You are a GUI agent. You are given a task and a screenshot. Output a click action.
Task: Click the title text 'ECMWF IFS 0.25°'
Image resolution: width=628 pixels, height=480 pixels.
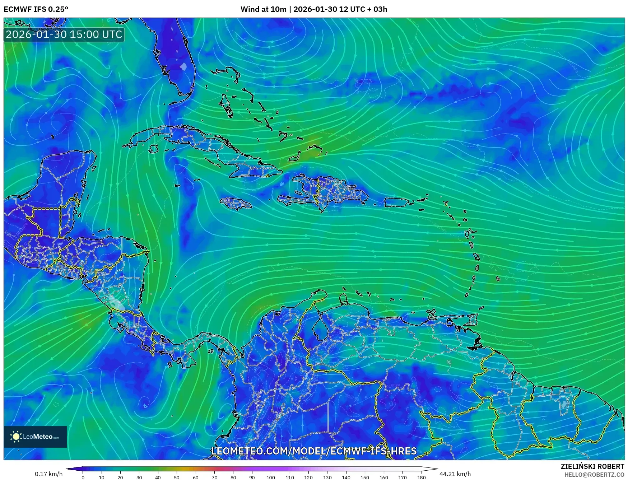(36, 9)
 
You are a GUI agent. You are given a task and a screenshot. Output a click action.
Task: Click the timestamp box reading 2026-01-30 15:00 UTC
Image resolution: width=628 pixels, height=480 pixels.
(64, 34)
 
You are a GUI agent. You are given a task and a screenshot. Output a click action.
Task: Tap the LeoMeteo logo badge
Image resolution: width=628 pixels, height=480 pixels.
(35, 437)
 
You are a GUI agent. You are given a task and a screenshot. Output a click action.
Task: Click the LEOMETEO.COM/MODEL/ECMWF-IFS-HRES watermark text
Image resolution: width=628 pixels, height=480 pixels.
(314, 451)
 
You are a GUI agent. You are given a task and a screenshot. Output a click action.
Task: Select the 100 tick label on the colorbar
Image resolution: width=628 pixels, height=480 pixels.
(271, 477)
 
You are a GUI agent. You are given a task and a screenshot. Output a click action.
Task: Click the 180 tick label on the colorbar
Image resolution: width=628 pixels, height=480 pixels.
(422, 477)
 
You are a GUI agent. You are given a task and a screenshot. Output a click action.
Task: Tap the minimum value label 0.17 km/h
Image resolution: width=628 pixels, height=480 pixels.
(49, 474)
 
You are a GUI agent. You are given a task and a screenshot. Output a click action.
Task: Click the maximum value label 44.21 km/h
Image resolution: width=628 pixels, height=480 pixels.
(455, 474)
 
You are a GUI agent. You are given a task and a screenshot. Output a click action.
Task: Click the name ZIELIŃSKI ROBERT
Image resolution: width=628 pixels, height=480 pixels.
(592, 466)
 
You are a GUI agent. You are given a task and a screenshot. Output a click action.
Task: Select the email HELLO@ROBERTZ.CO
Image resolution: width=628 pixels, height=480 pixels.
(594, 475)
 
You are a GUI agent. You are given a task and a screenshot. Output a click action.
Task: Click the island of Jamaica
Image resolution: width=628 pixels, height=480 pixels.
(236, 204)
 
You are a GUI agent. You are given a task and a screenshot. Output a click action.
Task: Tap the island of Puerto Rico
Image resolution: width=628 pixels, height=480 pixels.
(396, 203)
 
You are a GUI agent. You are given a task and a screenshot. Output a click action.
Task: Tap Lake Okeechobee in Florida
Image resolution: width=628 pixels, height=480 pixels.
(184, 66)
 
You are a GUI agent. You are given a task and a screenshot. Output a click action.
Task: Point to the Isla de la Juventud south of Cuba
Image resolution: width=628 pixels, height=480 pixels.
(154, 149)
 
